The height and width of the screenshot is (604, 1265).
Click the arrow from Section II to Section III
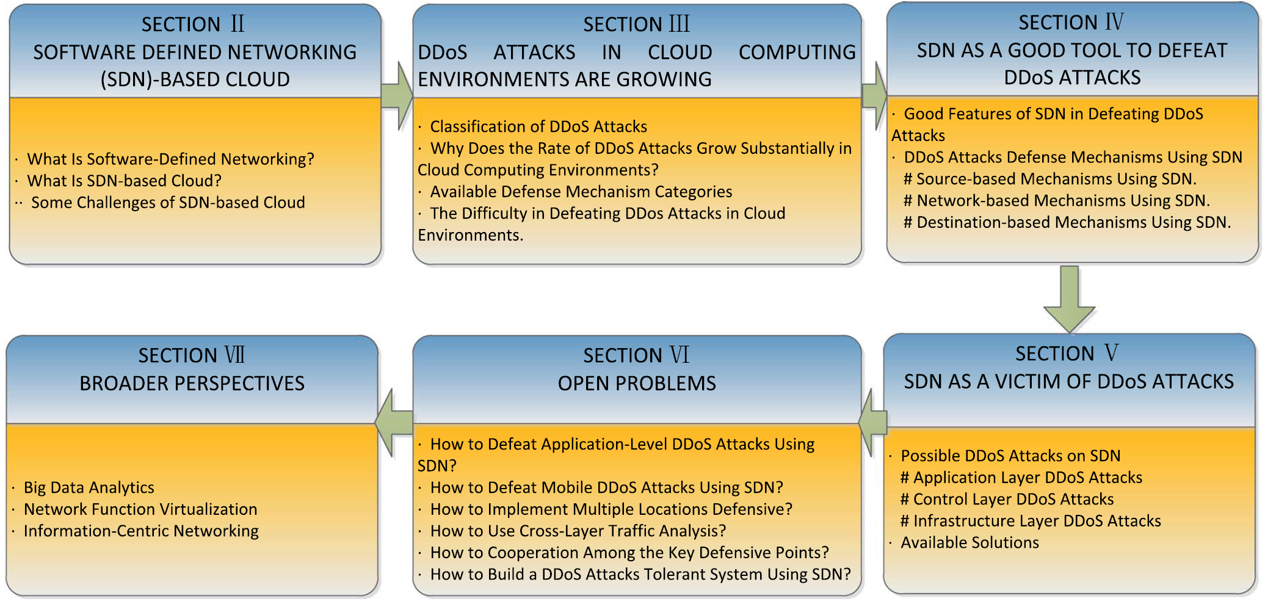pos(397,96)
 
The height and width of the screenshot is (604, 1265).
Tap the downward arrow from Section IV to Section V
pos(1069,299)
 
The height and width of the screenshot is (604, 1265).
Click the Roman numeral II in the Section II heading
pos(237,24)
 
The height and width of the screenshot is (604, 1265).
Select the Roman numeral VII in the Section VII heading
pos(234,355)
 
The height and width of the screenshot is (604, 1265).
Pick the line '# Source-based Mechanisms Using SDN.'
pos(1050,179)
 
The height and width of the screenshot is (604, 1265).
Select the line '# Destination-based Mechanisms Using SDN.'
pos(1067,222)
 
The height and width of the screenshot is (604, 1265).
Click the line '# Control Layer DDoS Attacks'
pos(1007,500)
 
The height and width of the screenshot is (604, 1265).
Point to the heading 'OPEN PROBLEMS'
pos(637,384)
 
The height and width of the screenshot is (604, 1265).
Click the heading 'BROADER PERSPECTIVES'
pos(192,384)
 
